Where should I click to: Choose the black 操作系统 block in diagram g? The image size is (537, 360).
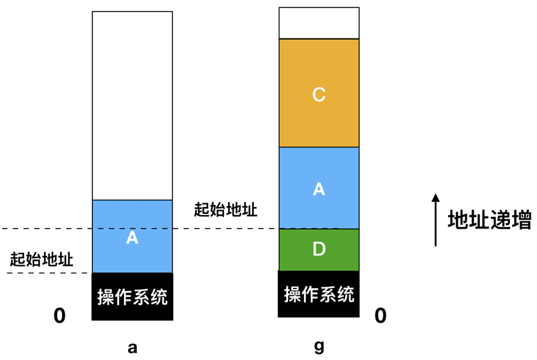[x=319, y=294]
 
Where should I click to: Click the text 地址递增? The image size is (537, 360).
[x=489, y=220]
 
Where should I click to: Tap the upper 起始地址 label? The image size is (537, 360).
[x=225, y=210]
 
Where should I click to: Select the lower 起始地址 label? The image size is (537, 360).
[x=42, y=260]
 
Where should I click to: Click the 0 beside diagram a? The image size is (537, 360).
[x=59, y=316]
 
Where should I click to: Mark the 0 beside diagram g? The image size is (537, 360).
[x=380, y=315]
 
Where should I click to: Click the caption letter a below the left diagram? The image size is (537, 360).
[x=132, y=348]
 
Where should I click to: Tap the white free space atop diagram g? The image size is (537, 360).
[x=319, y=23]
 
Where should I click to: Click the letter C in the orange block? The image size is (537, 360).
[x=319, y=95]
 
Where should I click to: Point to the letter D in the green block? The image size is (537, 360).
[x=319, y=249]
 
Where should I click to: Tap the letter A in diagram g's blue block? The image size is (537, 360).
[x=319, y=189]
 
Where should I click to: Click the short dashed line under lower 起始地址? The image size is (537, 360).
[x=46, y=273]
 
